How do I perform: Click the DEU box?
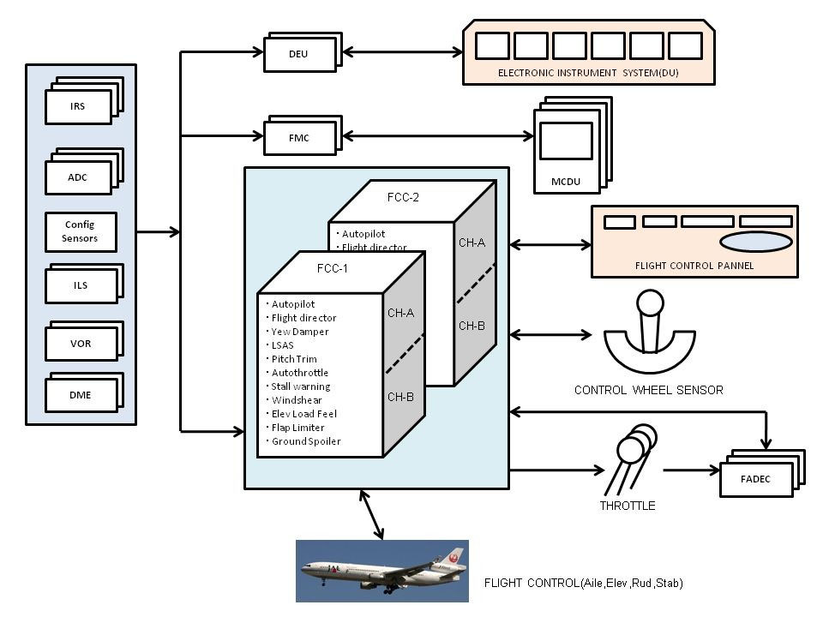(297, 55)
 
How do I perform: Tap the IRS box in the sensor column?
(78, 107)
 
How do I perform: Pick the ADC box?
(78, 178)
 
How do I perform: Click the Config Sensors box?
(80, 231)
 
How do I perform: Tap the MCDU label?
(566, 183)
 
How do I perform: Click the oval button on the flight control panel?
(755, 242)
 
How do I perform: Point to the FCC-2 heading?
(403, 196)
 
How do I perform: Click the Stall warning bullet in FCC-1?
(300, 386)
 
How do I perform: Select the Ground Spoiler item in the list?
(305, 441)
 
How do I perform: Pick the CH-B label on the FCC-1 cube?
(400, 397)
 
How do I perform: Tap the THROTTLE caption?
(627, 506)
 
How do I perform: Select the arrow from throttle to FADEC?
(691, 470)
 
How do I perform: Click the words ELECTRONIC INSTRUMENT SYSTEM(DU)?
(588, 74)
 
